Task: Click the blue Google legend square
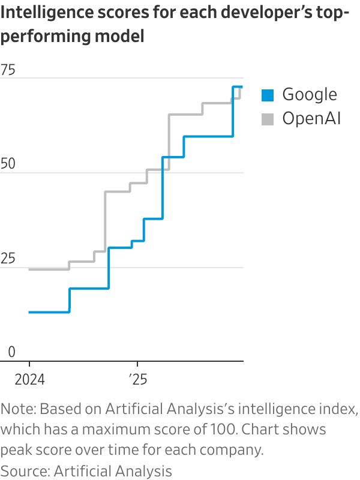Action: [x=268, y=95]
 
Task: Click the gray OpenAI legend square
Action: [x=268, y=119]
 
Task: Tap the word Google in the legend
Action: [x=310, y=95]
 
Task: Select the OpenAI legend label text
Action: [x=311, y=119]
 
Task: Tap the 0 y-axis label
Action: [x=11, y=352]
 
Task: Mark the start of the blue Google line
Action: [x=29, y=312]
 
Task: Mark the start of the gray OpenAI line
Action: [x=29, y=269]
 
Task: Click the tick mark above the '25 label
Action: [x=137, y=364]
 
